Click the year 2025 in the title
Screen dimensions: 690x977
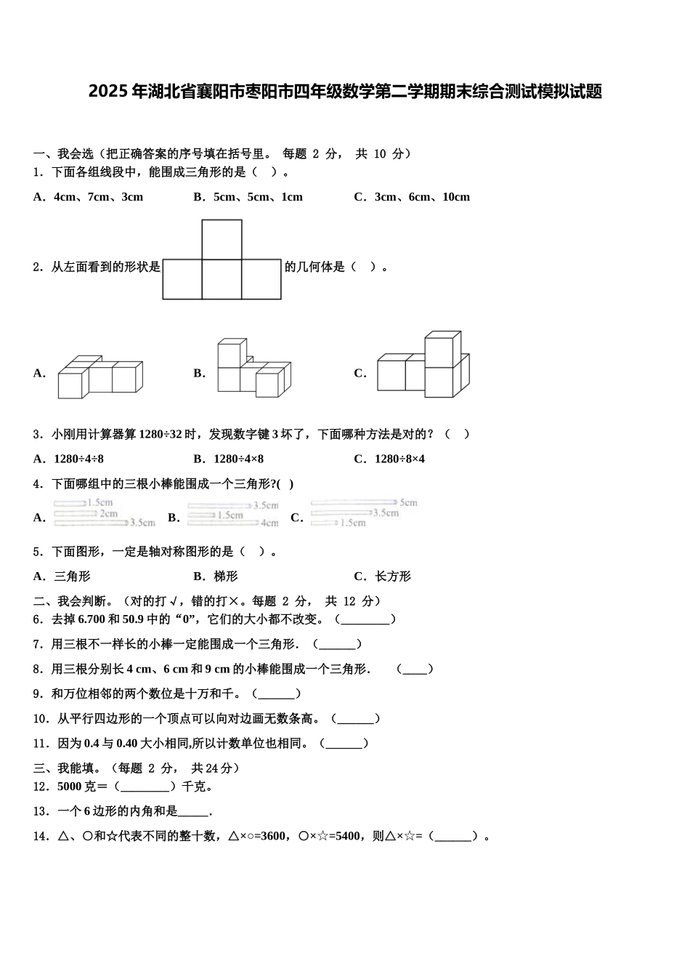click(x=108, y=92)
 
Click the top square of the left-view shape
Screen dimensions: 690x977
click(x=222, y=239)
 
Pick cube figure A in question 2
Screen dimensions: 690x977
click(x=100, y=377)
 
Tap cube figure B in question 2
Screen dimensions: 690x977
click(x=253, y=369)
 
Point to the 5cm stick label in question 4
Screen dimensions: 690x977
click(x=408, y=502)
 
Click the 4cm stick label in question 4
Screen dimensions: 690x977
click(x=269, y=523)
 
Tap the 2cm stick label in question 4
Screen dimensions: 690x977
click(x=109, y=513)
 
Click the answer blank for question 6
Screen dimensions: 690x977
click(x=365, y=620)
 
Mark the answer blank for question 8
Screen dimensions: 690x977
click(x=415, y=670)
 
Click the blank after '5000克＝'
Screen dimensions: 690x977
click(x=145, y=787)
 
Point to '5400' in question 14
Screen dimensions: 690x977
click(x=347, y=836)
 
